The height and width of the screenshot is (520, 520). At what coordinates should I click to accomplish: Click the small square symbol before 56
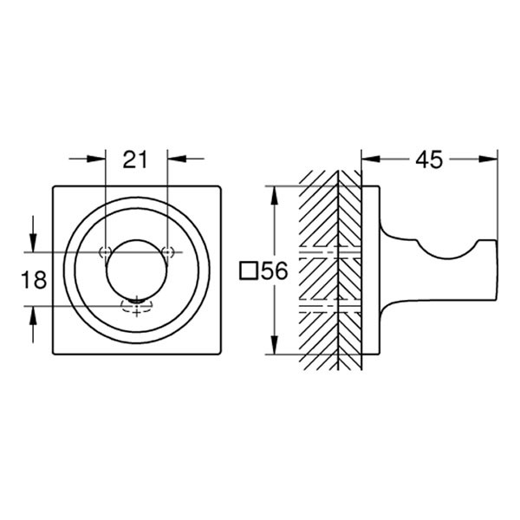coord(248,271)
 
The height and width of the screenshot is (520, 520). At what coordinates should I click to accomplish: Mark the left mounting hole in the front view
coord(105,252)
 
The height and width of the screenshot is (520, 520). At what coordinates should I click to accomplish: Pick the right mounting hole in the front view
coord(169,252)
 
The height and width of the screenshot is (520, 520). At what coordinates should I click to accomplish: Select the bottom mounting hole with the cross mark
coord(137,304)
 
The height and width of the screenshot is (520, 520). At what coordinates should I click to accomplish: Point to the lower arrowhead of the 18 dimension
coord(33,310)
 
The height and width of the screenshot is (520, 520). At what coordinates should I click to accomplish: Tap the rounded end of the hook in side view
coord(490,270)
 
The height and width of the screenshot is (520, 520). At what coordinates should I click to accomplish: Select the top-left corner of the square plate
coord(55,186)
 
